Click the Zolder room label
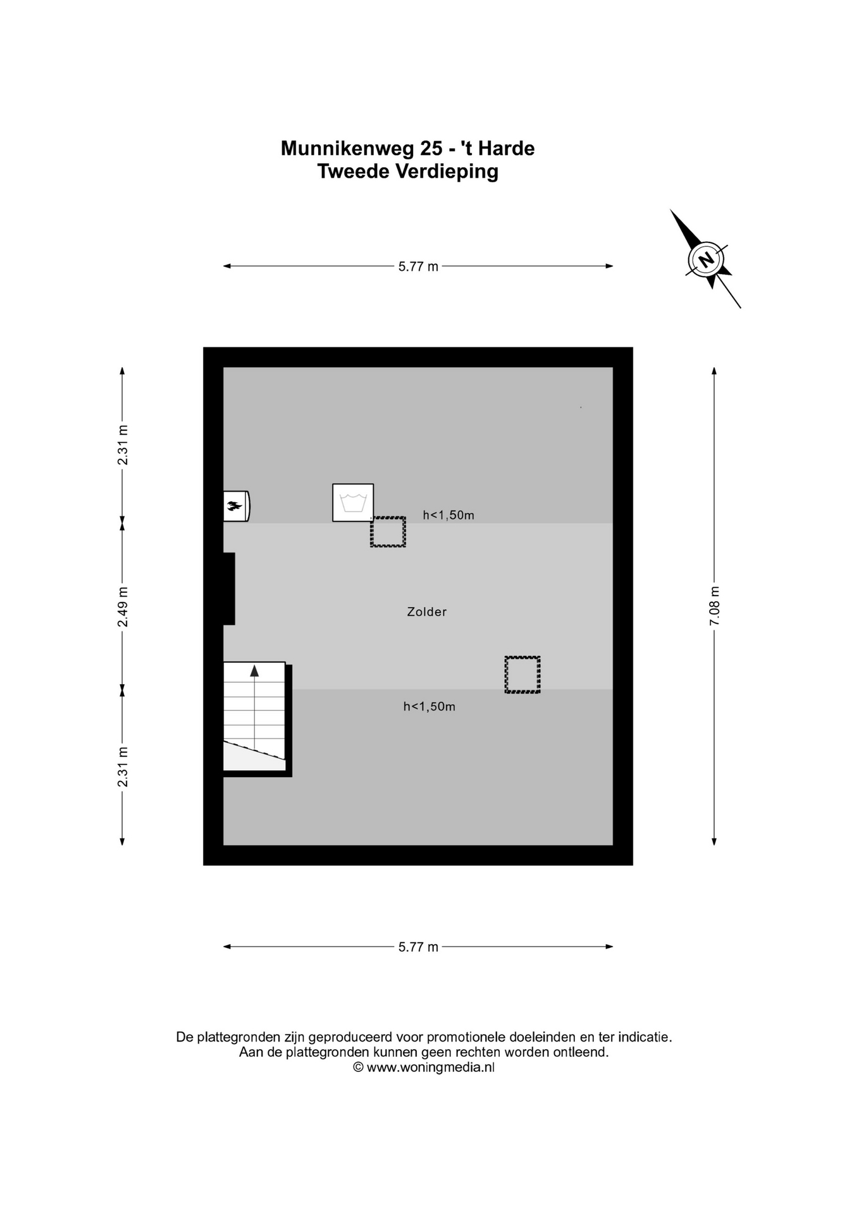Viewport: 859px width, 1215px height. pyautogui.click(x=427, y=612)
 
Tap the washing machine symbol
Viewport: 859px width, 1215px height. pyautogui.click(x=353, y=502)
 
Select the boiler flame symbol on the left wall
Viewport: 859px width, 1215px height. pyautogui.click(x=235, y=506)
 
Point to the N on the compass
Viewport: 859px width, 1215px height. pyautogui.click(x=706, y=259)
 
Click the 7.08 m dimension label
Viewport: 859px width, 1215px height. pyautogui.click(x=715, y=606)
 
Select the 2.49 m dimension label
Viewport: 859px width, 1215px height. pyautogui.click(x=123, y=607)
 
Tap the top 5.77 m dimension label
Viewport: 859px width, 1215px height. pyautogui.click(x=418, y=266)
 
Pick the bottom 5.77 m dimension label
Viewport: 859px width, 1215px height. pyautogui.click(x=418, y=947)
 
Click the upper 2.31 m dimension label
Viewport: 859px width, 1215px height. pyautogui.click(x=123, y=445)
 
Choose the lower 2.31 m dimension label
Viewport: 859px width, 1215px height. pyautogui.click(x=123, y=767)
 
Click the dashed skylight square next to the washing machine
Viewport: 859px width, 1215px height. pyautogui.click(x=388, y=532)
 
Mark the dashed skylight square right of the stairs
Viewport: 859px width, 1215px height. pyautogui.click(x=522, y=675)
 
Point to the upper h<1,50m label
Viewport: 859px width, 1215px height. pyautogui.click(x=448, y=515)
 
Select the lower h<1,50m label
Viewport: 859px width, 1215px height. pyautogui.click(x=429, y=706)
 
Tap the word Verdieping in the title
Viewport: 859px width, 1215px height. pyautogui.click(x=447, y=171)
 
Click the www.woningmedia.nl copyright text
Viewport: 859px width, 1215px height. pyautogui.click(x=424, y=1067)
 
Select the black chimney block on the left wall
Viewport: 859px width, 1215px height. pyautogui.click(x=228, y=589)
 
